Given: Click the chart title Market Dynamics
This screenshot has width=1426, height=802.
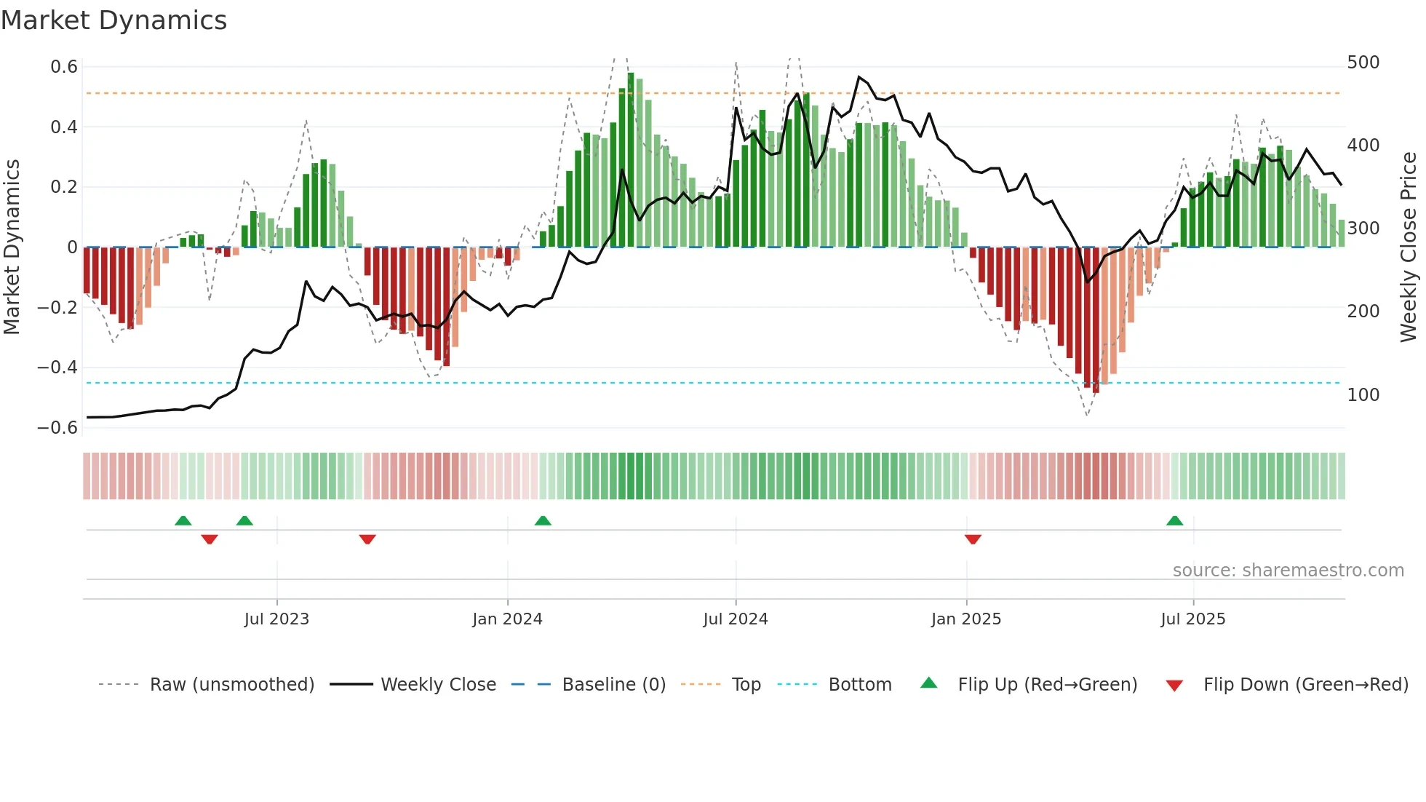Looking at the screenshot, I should pyautogui.click(x=113, y=20).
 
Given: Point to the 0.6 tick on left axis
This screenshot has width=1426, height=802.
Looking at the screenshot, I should pyautogui.click(x=64, y=67).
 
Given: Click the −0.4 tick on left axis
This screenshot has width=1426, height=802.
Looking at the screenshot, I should pyautogui.click(x=57, y=368).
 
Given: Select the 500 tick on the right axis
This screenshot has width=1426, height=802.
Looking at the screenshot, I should pyautogui.click(x=1363, y=63).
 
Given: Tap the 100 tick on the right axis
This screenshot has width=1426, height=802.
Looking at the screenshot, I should pyautogui.click(x=1363, y=395).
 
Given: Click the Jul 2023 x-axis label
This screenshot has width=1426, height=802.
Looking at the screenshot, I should pyautogui.click(x=276, y=619).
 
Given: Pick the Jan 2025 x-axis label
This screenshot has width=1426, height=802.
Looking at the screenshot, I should pyautogui.click(x=965, y=619).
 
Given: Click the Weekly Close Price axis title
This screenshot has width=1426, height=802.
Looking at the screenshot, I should pyautogui.click(x=1409, y=247).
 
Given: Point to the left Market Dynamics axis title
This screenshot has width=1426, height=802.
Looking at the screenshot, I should pyautogui.click(x=12, y=247).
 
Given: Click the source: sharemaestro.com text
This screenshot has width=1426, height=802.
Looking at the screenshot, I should pyautogui.click(x=1288, y=571).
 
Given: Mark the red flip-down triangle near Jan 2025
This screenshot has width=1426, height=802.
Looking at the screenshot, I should pyautogui.click(x=973, y=539).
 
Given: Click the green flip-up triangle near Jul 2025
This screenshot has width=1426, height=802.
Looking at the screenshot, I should pyautogui.click(x=1174, y=520).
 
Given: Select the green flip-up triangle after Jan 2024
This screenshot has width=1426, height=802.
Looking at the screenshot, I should pyautogui.click(x=543, y=520).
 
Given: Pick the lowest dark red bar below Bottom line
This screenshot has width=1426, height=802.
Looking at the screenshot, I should pyautogui.click(x=1096, y=320).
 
